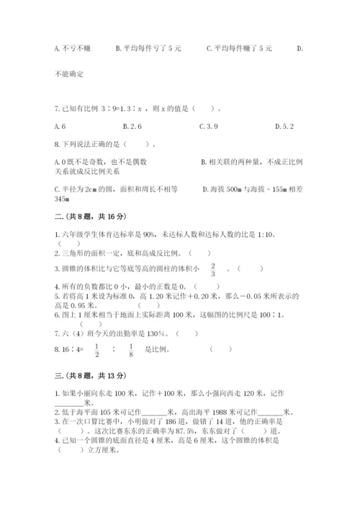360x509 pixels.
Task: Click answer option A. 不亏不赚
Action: pos(71,48)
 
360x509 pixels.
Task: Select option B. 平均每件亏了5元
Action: pos(148,48)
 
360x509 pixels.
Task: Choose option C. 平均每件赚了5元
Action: pos(239,48)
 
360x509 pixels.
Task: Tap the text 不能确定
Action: pos(69,74)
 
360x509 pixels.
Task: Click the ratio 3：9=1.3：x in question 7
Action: pos(132,109)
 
